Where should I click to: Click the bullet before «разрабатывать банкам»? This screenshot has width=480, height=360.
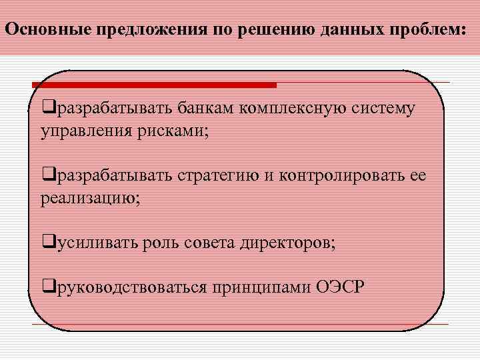point(47,108)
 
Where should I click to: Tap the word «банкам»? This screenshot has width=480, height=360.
point(205,108)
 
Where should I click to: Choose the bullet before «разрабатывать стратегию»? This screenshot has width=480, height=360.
point(47,175)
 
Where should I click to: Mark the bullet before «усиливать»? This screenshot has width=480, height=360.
point(47,242)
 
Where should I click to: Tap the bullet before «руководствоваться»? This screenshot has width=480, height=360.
point(47,287)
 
